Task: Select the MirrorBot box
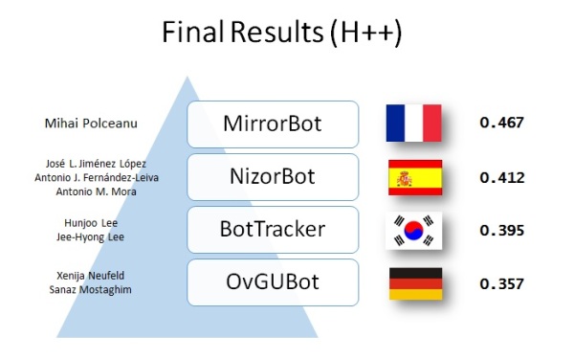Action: point(273,124)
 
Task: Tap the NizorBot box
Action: point(273,177)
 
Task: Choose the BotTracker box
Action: point(273,230)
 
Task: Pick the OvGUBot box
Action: point(273,282)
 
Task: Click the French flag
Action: point(413,124)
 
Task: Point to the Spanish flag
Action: point(414,177)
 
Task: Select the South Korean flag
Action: point(414,230)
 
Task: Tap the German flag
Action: point(414,282)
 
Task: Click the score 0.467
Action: point(502,124)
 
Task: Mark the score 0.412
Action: point(502,177)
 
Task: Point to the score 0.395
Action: point(502,230)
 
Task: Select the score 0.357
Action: point(502,283)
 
